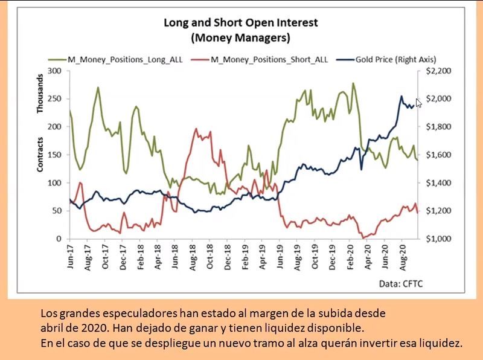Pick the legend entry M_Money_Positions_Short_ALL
click(266, 59)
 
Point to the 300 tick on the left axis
click(55, 71)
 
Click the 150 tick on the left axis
click(55, 155)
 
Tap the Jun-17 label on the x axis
click(70, 257)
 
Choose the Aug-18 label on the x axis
click(193, 257)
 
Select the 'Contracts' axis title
click(40, 155)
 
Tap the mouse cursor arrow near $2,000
click(418, 103)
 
